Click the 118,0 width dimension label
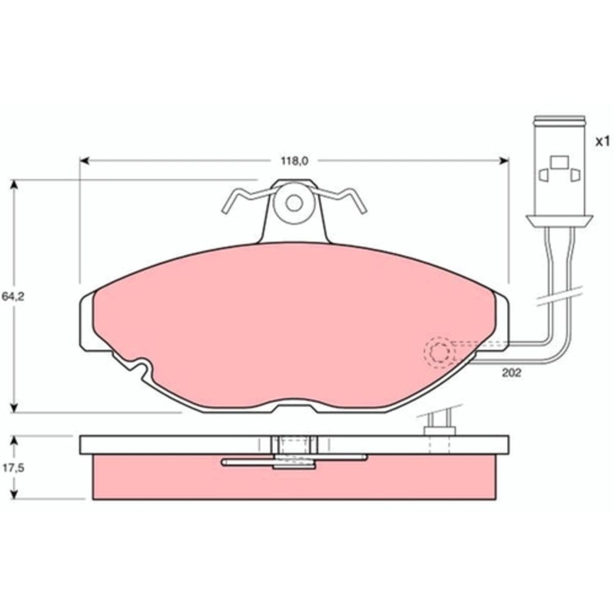click(x=294, y=161)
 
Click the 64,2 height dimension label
click(x=13, y=297)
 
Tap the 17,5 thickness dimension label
click(x=14, y=467)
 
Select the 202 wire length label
click(x=511, y=373)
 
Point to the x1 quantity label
click(x=602, y=142)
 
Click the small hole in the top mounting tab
click(x=293, y=203)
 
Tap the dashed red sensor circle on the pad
click(x=440, y=352)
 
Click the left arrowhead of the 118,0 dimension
click(x=84, y=161)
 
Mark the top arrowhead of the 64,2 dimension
click(x=14, y=184)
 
